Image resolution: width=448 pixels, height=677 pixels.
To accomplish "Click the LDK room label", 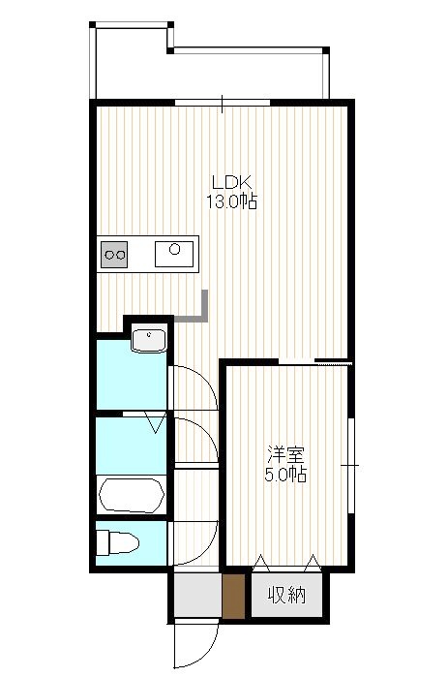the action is click(231, 182).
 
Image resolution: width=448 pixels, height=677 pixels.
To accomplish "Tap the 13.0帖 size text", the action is click(231, 201).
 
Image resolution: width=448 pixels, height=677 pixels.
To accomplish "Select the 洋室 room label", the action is click(285, 454).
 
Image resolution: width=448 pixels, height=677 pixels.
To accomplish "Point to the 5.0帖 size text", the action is click(285, 475).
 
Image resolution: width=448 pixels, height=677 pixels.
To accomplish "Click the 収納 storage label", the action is click(286, 596).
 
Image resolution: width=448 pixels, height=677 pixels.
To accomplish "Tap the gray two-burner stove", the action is click(114, 255).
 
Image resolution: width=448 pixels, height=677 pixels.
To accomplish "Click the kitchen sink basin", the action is click(174, 255).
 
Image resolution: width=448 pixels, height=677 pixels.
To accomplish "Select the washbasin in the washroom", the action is click(149, 340).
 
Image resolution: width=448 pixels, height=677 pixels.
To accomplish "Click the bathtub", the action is click(132, 495).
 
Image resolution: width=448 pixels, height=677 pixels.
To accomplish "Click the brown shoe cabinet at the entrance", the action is click(234, 597).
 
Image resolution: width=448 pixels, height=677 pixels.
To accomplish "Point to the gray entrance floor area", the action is click(198, 596).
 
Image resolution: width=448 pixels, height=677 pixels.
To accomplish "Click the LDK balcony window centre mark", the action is click(222, 104).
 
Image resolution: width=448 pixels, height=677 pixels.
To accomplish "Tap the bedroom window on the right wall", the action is click(351, 466).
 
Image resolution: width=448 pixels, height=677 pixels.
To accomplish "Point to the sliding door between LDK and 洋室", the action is click(314, 362).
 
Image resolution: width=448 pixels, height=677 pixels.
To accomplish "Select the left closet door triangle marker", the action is click(261, 563).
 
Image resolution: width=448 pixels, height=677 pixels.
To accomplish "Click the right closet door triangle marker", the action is click(313, 563).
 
